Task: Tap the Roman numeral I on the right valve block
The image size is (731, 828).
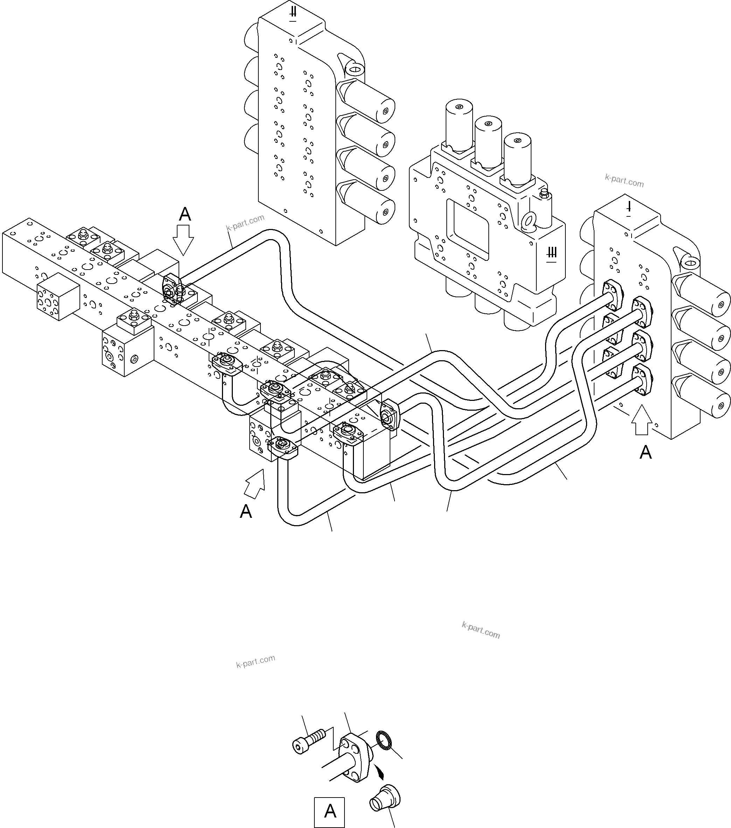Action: pyautogui.click(x=628, y=209)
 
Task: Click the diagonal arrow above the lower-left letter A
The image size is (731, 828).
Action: pyautogui.click(x=255, y=482)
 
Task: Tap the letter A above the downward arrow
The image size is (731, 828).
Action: pyautogui.click(x=185, y=214)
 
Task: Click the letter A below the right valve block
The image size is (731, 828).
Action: pyautogui.click(x=646, y=452)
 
